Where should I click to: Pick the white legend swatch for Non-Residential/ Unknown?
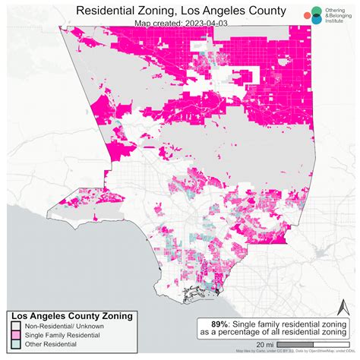tap(14, 326)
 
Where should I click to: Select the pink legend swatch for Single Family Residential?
tap(14, 335)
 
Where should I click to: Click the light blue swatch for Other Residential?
tap(14, 344)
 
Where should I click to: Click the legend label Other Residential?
tap(49, 344)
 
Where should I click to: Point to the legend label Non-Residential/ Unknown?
tap(62, 326)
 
